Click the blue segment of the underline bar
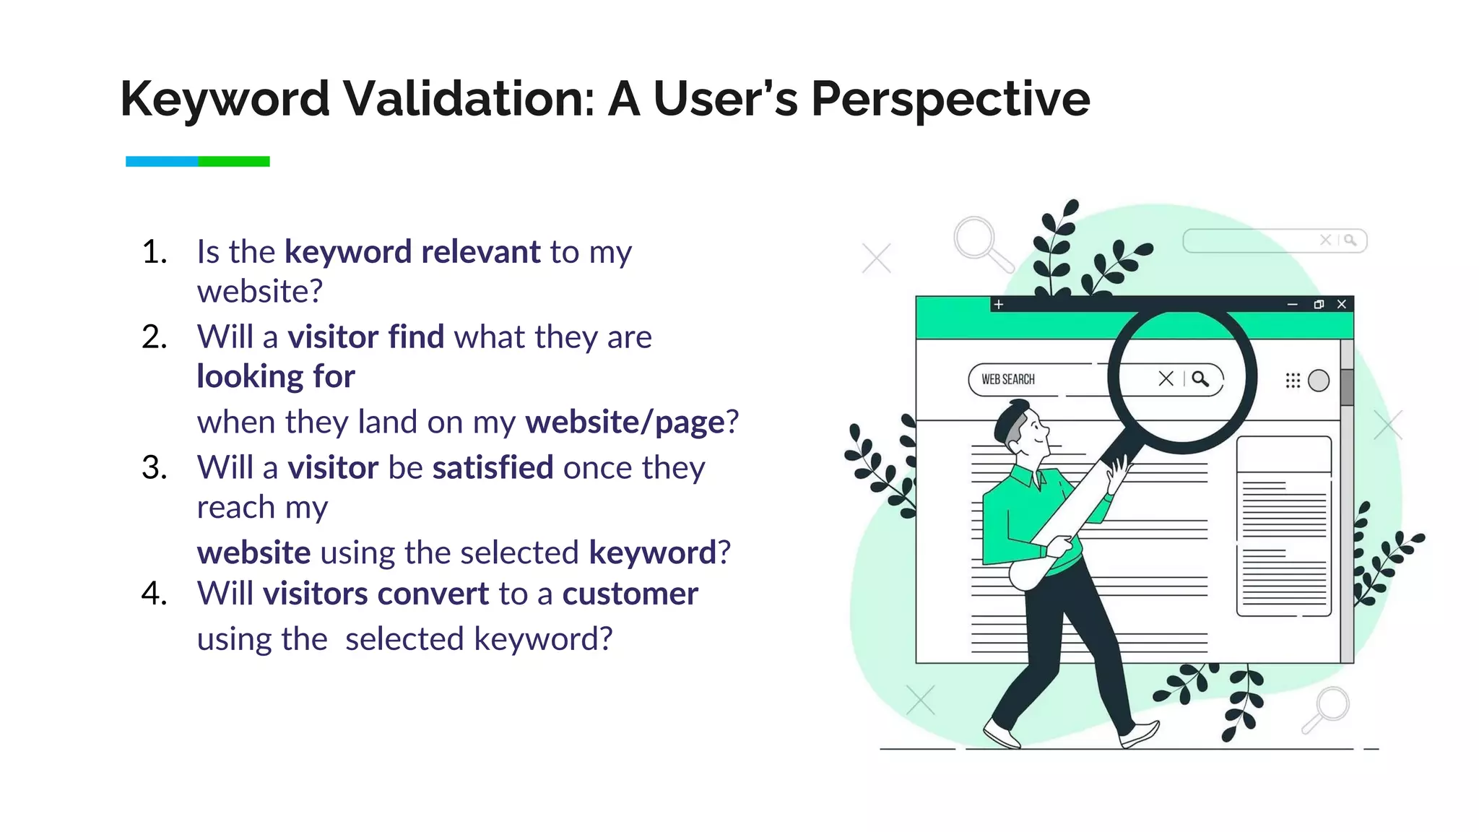tap(162, 161)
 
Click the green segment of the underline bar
tap(234, 161)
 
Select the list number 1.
tap(155, 252)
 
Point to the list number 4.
tap(155, 594)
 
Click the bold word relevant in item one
tap(480, 252)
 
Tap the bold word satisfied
tap(493, 468)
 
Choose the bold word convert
tap(433, 594)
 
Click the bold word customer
tap(630, 594)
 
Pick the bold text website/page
tap(625, 422)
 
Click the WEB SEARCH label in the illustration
tap(1007, 379)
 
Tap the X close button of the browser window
tap(1342, 304)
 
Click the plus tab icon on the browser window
tap(998, 304)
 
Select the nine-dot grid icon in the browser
tap(1293, 380)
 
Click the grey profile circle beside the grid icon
tap(1319, 380)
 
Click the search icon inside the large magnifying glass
tap(1200, 378)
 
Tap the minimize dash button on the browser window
tap(1292, 304)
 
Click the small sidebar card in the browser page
tap(1283, 526)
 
